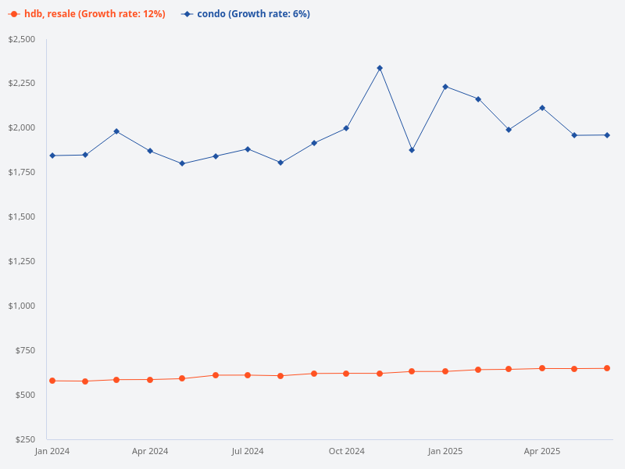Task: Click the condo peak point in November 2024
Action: click(380, 68)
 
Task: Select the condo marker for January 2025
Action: click(445, 87)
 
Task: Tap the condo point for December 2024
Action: click(412, 150)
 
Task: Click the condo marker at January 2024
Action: click(52, 156)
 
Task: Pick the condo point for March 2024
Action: click(116, 131)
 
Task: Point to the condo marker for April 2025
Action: click(542, 108)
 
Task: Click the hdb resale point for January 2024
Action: click(52, 381)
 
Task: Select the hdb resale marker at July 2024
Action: click(248, 375)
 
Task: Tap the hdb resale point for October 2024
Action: click(346, 374)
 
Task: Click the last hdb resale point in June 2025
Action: click(607, 368)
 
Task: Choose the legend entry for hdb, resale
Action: click(87, 14)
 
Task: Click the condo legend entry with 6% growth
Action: click(245, 14)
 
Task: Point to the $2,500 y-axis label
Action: click(21, 39)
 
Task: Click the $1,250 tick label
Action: click(21, 261)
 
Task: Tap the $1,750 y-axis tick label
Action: click(21, 172)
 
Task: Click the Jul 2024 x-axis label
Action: click(248, 452)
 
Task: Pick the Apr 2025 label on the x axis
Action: click(542, 452)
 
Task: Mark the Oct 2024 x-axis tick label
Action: click(346, 452)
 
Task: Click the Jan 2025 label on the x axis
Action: click(445, 452)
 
